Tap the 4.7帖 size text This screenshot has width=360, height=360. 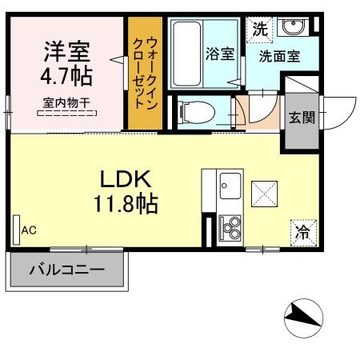pos(67,78)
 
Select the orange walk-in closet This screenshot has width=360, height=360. pos(146,73)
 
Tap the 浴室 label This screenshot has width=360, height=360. pos(218,54)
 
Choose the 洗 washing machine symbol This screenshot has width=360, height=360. pos(259,29)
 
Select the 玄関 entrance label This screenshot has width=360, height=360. pos(302,117)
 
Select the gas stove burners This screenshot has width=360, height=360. pos(231,229)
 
